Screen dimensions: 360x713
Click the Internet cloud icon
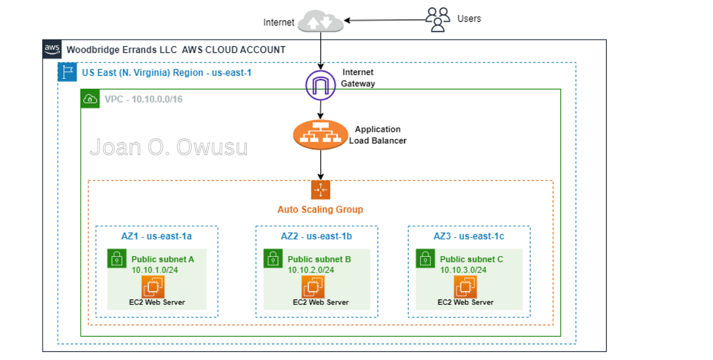pos(321,21)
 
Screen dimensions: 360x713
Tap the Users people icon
pos(438,19)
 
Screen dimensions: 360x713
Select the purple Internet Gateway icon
pos(321,85)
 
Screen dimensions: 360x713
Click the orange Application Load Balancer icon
pos(321,135)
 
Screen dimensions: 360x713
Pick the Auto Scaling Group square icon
pos(321,190)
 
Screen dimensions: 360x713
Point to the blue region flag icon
pos(65,72)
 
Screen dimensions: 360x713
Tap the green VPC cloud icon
pos(90,99)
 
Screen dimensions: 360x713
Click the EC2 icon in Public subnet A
pos(153,288)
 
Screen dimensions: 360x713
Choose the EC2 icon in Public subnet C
pos(465,288)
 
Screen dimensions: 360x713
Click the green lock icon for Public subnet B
pos(273,258)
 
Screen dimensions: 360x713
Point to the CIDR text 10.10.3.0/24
pos(463,270)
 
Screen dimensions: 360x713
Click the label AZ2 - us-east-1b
pos(316,236)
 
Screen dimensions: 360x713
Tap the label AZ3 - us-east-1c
pos(469,236)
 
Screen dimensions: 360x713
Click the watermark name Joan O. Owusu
pos(169,147)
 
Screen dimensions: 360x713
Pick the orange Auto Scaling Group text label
pos(320,210)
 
